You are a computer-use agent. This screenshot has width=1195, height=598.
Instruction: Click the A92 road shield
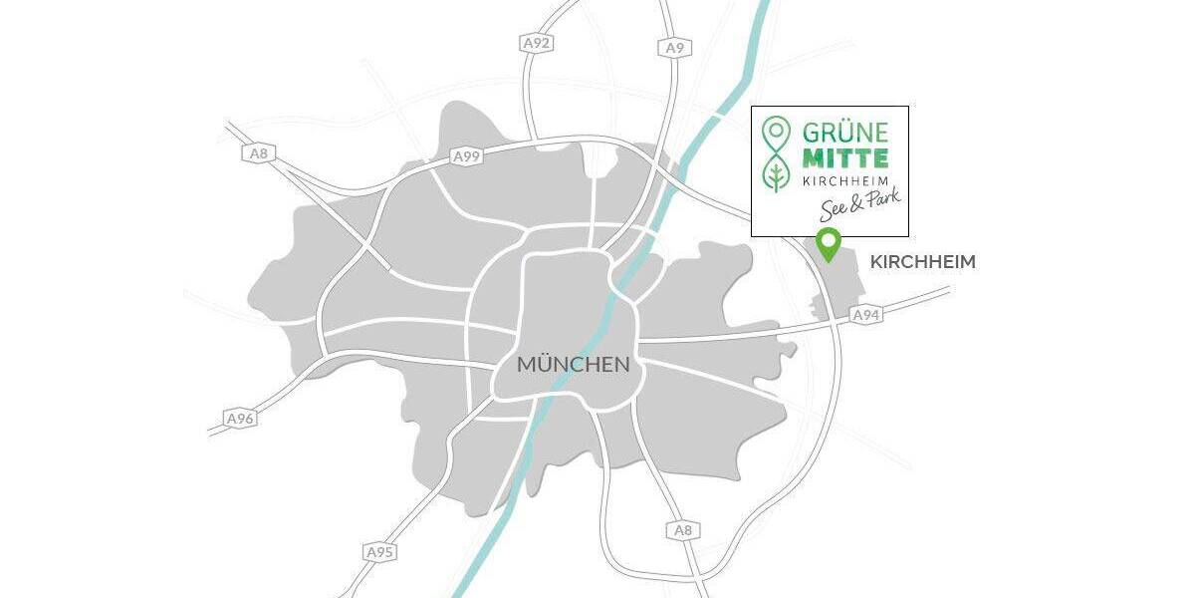(536, 43)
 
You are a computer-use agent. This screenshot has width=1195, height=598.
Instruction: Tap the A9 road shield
(674, 47)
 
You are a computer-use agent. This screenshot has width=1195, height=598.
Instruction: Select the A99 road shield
(467, 156)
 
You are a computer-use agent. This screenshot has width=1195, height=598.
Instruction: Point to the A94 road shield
(867, 315)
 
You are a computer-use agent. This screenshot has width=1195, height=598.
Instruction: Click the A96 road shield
(240, 419)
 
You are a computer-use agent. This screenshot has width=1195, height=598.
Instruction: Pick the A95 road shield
(379, 551)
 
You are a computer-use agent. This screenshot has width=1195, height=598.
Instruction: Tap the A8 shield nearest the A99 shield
(258, 153)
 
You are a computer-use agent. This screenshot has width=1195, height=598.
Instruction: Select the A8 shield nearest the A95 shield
(683, 530)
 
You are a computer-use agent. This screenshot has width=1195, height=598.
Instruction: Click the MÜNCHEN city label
(573, 365)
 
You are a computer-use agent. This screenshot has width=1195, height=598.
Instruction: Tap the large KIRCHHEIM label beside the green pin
(922, 262)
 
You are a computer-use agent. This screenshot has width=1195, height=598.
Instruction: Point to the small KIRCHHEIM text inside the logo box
(844, 180)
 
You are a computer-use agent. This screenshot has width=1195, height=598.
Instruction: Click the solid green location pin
(827, 242)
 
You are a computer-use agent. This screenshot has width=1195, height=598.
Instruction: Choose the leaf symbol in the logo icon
(775, 175)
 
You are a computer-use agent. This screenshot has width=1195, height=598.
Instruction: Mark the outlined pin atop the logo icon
(775, 132)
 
